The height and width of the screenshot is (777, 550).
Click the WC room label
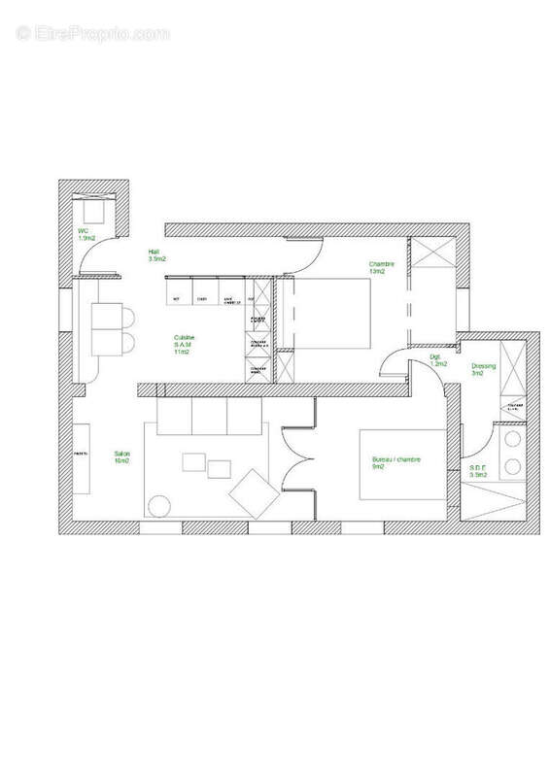[86, 234]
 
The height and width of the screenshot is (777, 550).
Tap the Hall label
[156, 256]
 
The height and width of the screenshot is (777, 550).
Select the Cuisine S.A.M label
[183, 345]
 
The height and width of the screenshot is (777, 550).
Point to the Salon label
[122, 456]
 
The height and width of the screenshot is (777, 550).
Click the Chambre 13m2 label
[381, 267]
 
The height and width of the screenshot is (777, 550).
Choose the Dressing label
[483, 370]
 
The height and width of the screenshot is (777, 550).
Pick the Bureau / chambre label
[395, 462]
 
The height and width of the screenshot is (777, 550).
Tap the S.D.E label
[478, 472]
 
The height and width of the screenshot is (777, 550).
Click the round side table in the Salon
[156, 505]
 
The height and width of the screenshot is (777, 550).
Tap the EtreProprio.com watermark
[93, 33]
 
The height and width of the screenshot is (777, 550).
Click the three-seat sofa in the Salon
[204, 418]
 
